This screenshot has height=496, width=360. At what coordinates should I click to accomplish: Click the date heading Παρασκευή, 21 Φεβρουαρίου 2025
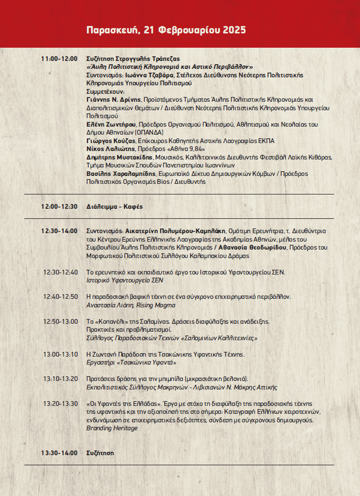click(166, 30)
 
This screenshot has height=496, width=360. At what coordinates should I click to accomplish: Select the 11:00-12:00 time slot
click(59, 59)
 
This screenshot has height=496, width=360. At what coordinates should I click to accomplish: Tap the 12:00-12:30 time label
click(59, 207)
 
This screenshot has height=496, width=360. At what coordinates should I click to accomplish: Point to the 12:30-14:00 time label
click(59, 231)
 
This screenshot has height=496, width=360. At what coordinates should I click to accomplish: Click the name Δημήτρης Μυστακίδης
click(118, 157)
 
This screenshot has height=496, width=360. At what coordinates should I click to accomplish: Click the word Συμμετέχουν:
click(105, 91)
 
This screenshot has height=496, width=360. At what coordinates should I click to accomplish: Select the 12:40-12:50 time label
click(60, 296)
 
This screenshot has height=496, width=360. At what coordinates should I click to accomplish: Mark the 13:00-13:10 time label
click(60, 354)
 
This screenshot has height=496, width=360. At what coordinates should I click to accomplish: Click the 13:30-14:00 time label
click(59, 453)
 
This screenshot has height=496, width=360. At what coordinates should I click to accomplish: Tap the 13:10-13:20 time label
click(60, 378)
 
